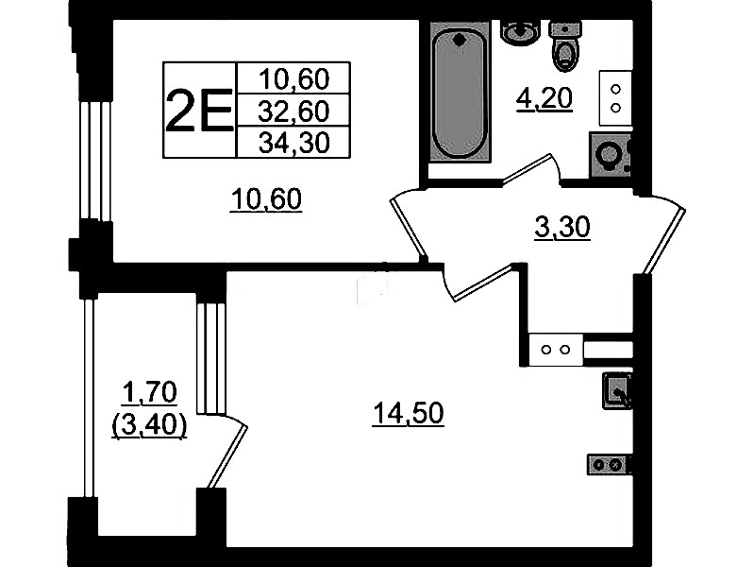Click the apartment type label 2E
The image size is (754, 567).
click(x=199, y=111)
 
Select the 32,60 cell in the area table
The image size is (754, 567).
click(x=293, y=111)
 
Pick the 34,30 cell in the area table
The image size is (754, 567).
click(x=293, y=143)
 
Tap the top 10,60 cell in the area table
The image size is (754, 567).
click(x=293, y=78)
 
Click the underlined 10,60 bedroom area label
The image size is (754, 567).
click(x=266, y=199)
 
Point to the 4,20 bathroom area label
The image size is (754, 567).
click(x=545, y=99)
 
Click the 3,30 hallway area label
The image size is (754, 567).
click(x=562, y=228)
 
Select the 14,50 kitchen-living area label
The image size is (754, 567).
click(x=408, y=413)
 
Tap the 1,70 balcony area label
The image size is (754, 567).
click(x=149, y=392)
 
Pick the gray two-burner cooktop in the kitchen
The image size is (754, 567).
click(x=609, y=465)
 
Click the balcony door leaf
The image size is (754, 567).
click(x=227, y=455)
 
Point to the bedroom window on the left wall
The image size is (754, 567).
click(x=95, y=161)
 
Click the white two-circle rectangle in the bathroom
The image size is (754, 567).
click(x=615, y=98)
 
